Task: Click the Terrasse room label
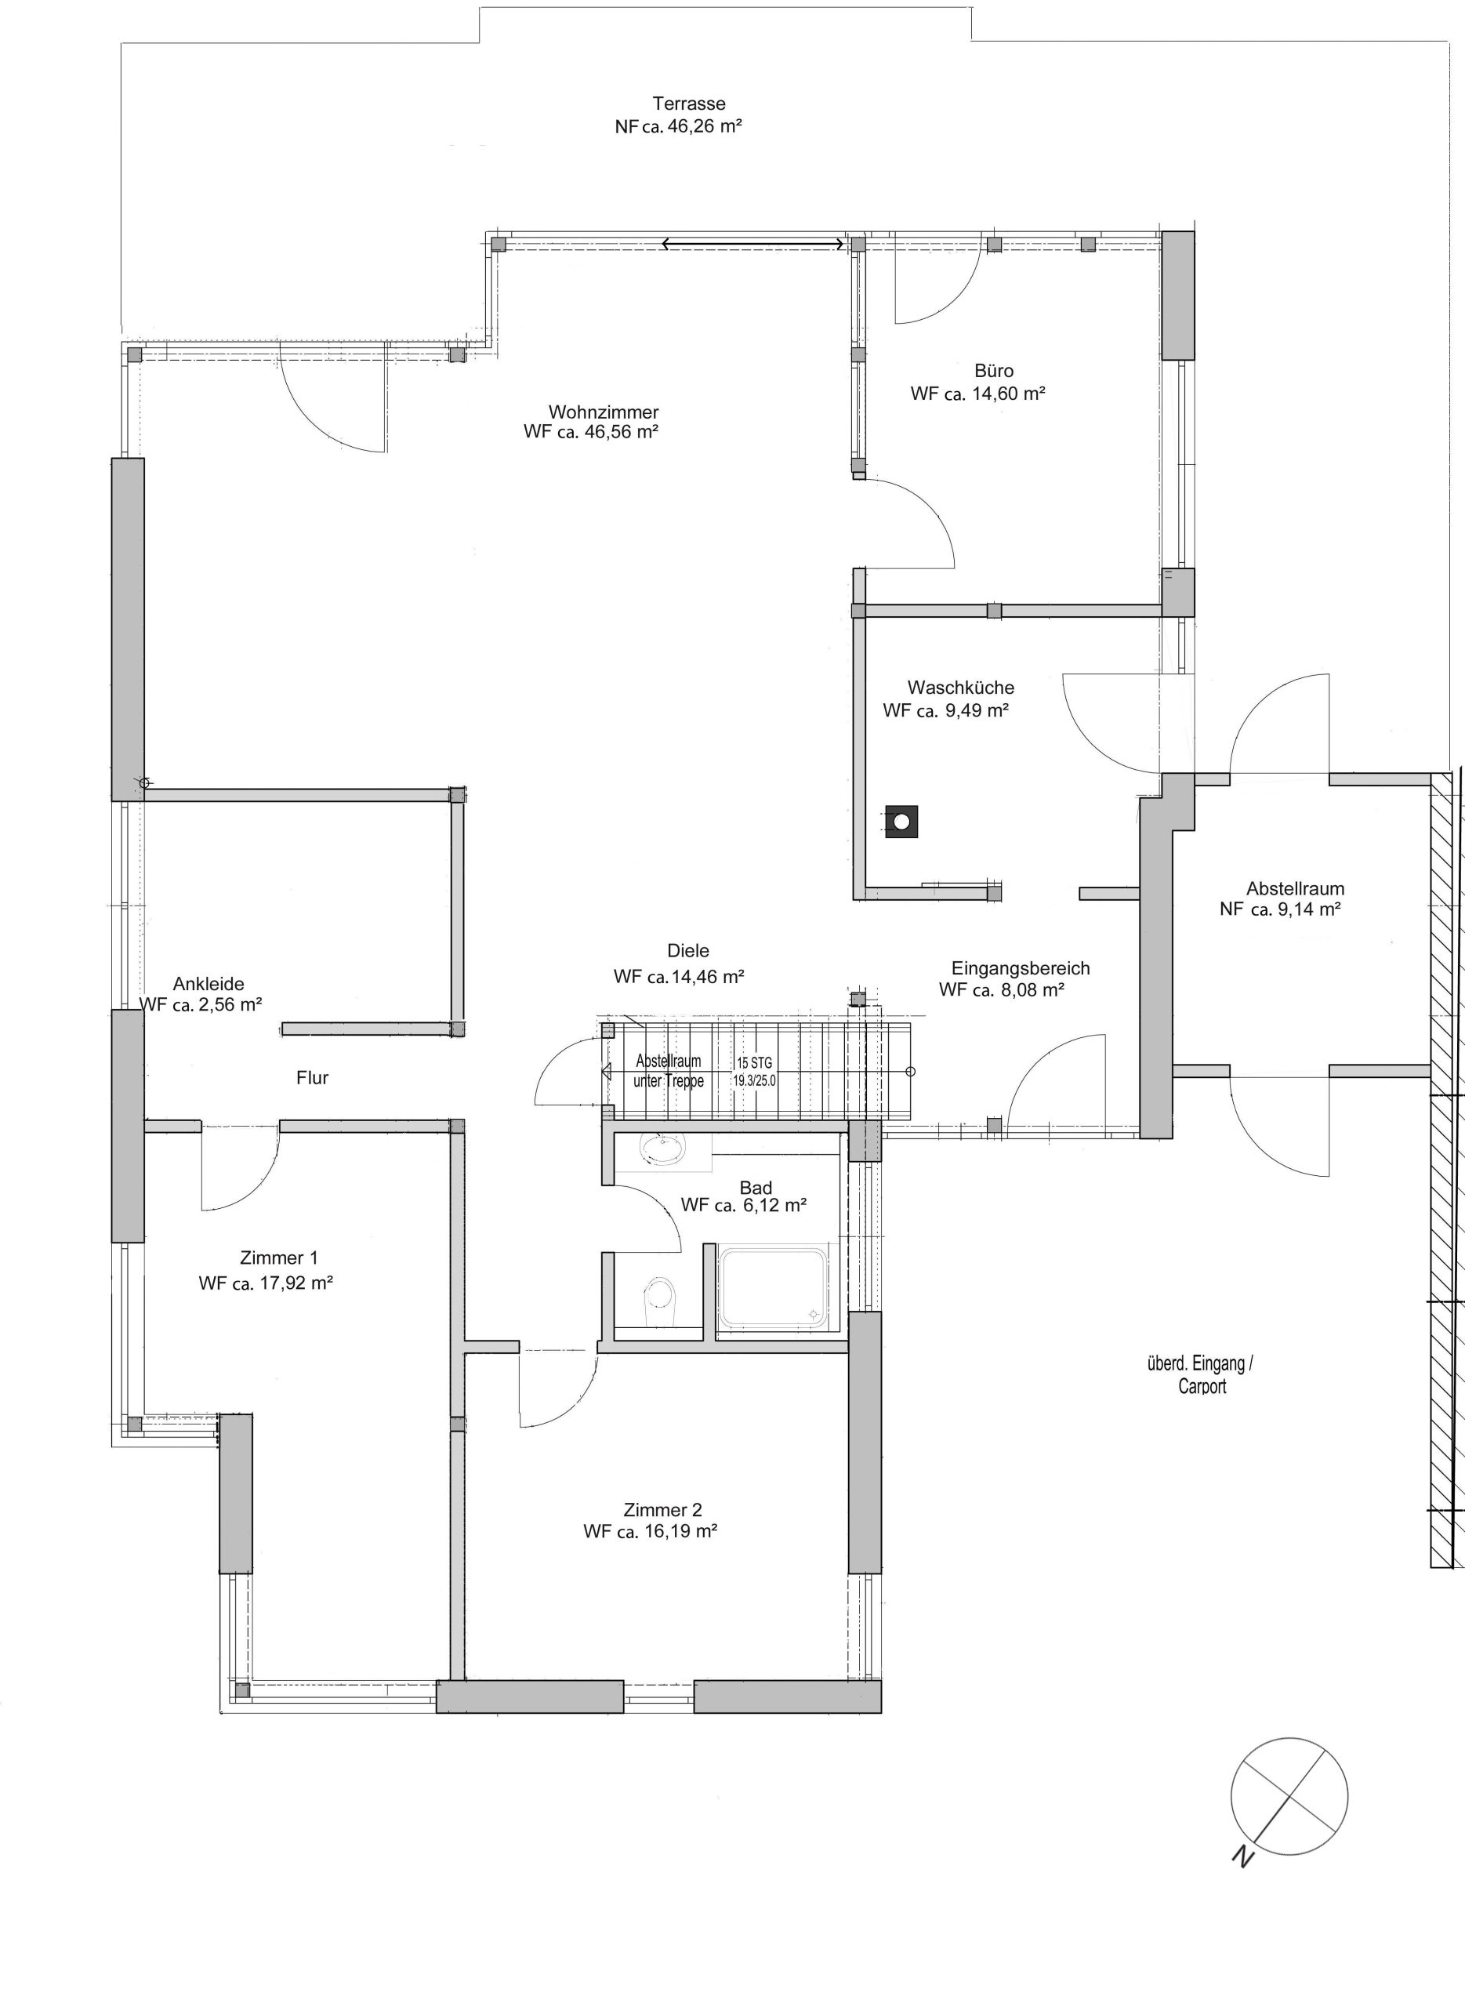pos(689,103)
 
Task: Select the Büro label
pos(993,371)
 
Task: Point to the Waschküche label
pos(960,688)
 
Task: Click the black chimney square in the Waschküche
pos(901,822)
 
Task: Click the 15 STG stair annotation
pos(754,1062)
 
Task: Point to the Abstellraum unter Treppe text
pos(669,1072)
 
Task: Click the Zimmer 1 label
pos(278,1258)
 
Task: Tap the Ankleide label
pos(209,984)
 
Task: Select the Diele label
pos(688,951)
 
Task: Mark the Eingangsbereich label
pos(1021,968)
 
